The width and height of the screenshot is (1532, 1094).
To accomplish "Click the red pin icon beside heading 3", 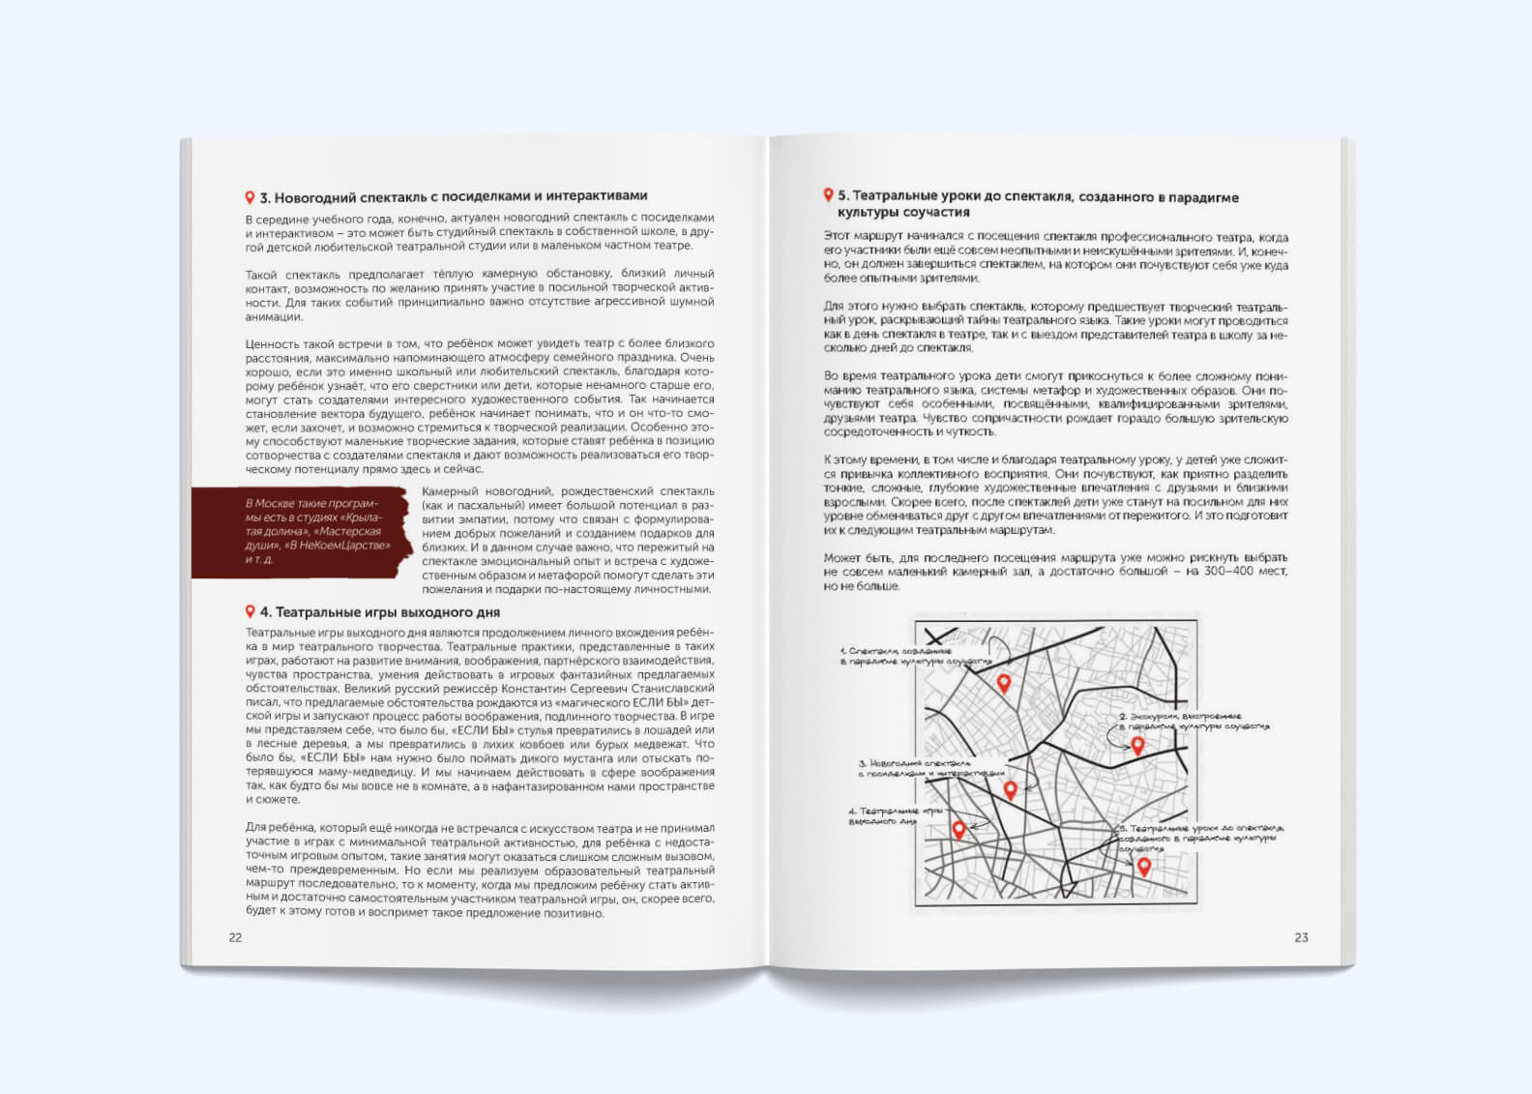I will coord(250,197).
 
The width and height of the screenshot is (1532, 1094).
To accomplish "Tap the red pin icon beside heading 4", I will coord(250,611).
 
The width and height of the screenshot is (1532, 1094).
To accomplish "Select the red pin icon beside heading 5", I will coord(828,195).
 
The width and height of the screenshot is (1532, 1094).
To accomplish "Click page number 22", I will coord(235,937).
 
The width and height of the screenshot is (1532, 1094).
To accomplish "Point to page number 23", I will coord(1301,937).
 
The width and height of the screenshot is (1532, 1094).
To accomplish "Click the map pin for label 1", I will coord(1004,683).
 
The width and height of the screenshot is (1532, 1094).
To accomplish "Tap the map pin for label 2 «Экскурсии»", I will coord(1137,746).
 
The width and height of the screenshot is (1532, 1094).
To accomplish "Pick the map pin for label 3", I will coord(1011,790).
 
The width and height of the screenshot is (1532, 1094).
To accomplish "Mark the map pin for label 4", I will coord(958,829).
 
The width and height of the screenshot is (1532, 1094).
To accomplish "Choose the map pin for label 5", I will coord(1144,867).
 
